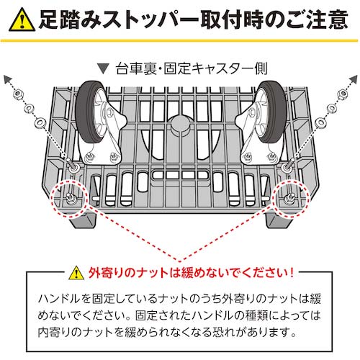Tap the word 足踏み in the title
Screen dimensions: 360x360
[x=75, y=17]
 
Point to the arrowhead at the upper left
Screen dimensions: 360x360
[x=9, y=78]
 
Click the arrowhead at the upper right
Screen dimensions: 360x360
[x=351, y=78]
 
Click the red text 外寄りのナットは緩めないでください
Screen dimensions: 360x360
[x=191, y=273]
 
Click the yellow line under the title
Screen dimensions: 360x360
[x=180, y=41]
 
